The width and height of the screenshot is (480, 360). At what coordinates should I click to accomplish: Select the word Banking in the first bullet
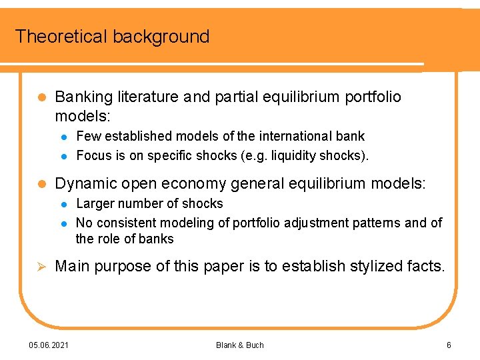(x=83, y=97)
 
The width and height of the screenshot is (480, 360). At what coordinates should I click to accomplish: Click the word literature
(x=147, y=97)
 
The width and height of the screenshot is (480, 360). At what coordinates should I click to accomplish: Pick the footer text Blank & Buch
(x=240, y=345)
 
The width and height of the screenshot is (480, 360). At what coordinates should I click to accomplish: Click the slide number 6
(x=449, y=345)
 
